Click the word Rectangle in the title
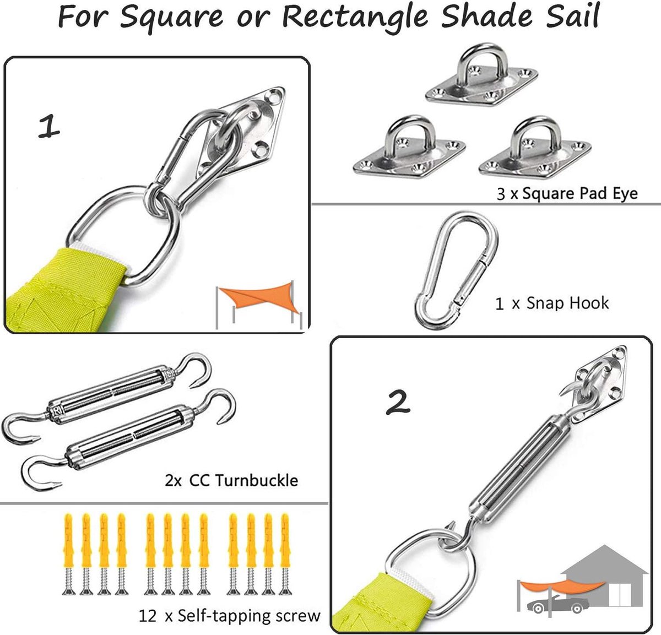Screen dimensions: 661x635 point(355,17)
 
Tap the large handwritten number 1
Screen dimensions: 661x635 point(49,126)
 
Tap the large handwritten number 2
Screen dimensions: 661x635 point(398,402)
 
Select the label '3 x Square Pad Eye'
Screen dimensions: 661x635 point(567,193)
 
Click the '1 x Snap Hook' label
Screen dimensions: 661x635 point(552,303)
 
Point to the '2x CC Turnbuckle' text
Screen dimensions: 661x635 point(231,480)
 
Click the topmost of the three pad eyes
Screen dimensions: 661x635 point(481,75)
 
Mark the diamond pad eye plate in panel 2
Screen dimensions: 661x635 point(600,384)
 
